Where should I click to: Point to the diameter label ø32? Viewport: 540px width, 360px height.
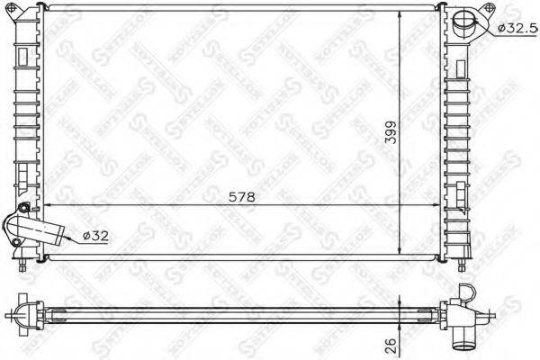coord(95,236)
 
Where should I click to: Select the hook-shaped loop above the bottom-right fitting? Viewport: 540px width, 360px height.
coord(466,293)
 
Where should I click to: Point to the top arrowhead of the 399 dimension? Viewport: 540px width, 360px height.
coord(400,16)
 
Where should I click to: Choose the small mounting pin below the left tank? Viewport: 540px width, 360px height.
coord(23,266)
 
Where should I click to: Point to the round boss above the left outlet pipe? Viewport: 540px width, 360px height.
coord(25,210)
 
